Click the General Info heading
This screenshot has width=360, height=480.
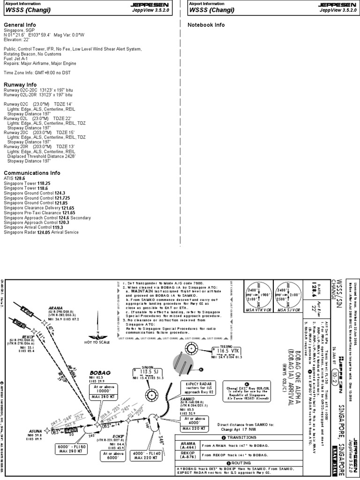[20, 24]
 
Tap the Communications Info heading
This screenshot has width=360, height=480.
[32, 173]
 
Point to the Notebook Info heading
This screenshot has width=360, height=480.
[206, 24]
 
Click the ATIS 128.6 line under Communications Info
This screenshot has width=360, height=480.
[14, 179]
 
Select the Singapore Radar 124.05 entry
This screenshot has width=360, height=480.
[41, 232]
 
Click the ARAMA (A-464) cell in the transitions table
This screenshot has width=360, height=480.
[187, 446]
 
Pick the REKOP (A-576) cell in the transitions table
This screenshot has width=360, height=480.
[187, 455]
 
